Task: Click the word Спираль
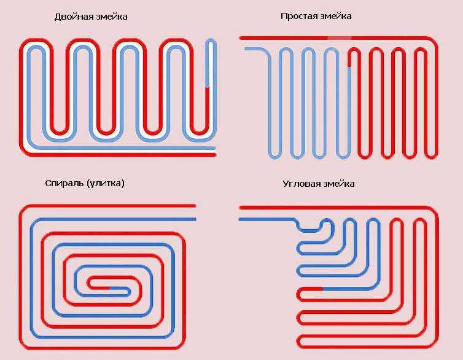(x=64, y=184)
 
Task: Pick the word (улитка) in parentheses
(x=106, y=184)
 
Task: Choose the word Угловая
(x=302, y=184)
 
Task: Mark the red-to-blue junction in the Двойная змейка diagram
(x=208, y=87)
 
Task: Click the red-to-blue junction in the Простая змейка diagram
(x=349, y=67)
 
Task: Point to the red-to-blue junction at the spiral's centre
(x=110, y=288)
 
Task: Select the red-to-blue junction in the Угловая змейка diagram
(x=322, y=289)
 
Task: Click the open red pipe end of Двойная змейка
(x=215, y=155)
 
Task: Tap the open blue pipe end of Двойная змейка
(x=215, y=148)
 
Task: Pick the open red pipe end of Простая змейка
(x=241, y=38)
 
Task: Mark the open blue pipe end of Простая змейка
(x=246, y=49)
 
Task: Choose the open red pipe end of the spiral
(x=195, y=206)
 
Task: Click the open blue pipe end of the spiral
(x=195, y=219)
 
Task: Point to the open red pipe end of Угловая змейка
(x=240, y=208)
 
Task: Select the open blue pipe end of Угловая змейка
(x=240, y=219)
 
